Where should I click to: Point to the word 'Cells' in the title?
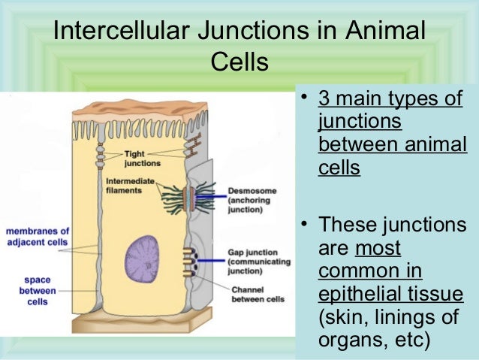point(239,62)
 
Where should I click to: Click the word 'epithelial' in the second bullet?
point(357,294)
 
